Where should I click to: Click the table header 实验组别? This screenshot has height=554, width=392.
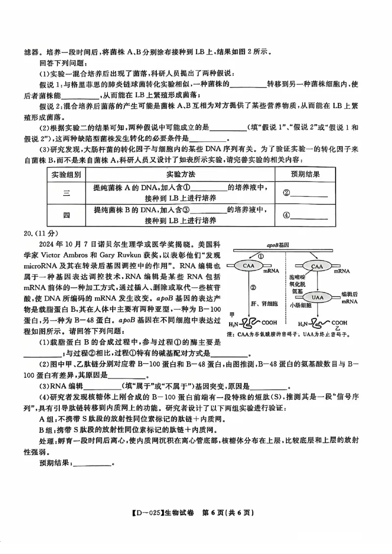(67, 174)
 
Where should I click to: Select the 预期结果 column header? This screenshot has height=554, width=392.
(305, 174)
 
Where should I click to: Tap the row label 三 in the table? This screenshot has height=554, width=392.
(67, 192)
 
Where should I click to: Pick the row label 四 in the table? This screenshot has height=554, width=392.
(67, 215)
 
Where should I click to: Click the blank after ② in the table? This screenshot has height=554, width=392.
(309, 193)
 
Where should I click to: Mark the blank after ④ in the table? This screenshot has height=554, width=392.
(309, 215)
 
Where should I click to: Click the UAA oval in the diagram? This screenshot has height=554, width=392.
(317, 297)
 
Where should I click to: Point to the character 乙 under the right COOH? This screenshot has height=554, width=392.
(337, 329)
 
